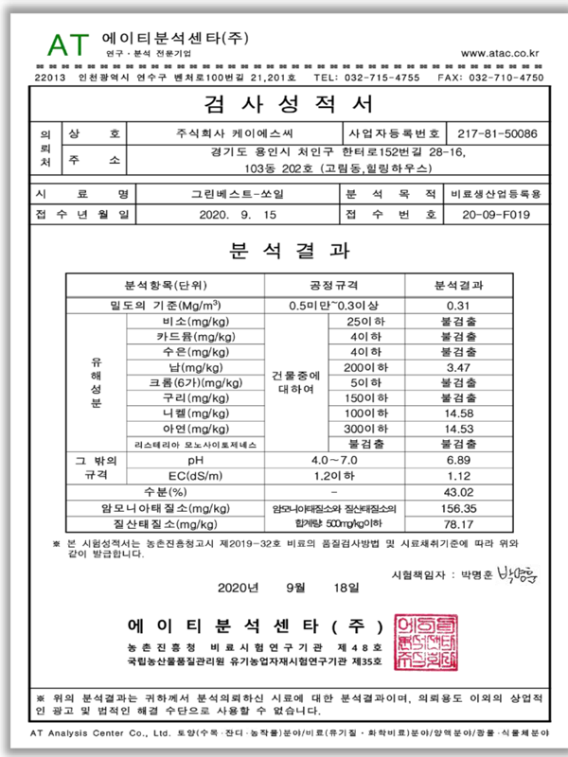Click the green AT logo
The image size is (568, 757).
point(66,41)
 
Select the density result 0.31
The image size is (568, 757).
point(458,306)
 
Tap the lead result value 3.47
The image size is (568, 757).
point(458,366)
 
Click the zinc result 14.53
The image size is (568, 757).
point(458,427)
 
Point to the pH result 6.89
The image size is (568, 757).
point(458,458)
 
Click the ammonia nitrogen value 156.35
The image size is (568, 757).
point(458,508)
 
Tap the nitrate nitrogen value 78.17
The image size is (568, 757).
point(458,524)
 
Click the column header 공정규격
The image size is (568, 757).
point(335,285)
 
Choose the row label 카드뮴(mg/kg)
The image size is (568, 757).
point(196,336)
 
